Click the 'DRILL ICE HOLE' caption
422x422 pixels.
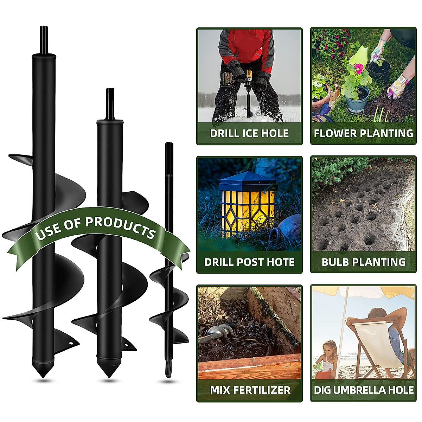point(249,134)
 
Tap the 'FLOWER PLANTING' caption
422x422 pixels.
point(363,134)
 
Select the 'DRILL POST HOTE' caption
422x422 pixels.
point(249,262)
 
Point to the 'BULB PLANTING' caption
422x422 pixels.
point(363,262)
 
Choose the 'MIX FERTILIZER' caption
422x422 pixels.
point(250,390)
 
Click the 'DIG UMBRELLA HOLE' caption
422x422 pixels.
point(364,390)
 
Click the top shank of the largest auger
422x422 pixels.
point(44,39)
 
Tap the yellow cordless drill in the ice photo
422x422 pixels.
point(248,78)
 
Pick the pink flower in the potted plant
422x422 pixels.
point(358,68)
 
